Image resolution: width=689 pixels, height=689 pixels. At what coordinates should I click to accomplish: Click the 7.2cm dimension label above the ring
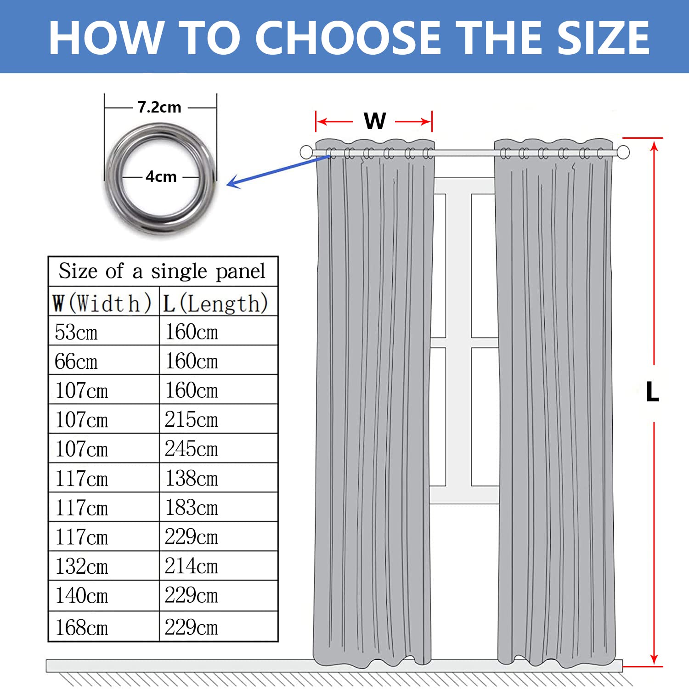pos(159,107)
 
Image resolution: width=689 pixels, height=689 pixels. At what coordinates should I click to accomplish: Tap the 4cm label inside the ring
pos(161,176)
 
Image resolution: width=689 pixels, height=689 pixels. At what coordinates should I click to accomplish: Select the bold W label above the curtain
pos(374,121)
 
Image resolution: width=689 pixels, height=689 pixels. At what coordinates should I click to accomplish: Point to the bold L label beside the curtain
pos(652,392)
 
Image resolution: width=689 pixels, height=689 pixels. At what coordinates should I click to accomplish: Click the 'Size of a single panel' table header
pos(162,271)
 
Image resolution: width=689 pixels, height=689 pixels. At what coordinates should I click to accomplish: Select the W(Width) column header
pos(102,303)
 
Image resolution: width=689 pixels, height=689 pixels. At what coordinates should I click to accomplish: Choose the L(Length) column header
pos(215,303)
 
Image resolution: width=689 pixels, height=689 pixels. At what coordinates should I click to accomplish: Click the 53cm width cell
pos(76,332)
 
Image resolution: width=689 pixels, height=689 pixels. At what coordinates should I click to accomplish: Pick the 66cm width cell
pos(76,361)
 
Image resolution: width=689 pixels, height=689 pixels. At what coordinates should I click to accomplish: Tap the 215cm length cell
pos(191,420)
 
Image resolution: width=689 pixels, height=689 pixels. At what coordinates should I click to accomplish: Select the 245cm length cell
pos(191,449)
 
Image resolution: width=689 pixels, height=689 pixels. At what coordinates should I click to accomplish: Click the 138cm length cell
pos(191,479)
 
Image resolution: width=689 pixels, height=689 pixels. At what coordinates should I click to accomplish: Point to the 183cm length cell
pos(191,508)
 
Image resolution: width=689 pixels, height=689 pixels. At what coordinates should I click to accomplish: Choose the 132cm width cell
pos(82,566)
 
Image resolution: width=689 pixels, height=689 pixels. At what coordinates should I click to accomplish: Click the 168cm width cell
pos(82,627)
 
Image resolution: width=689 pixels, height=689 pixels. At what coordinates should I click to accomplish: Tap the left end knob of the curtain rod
pos(306,152)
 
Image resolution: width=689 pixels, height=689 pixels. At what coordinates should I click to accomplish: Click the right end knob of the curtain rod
pos(623,152)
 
